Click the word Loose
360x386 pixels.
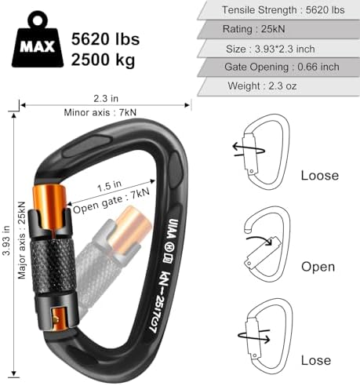pos(320,176)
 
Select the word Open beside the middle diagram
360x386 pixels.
pos(318,267)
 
